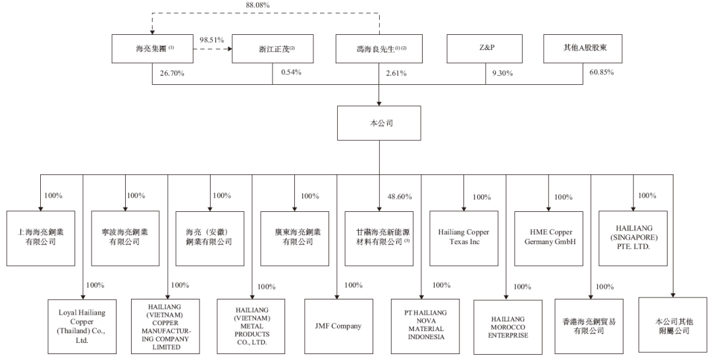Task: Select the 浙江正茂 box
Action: [273, 49]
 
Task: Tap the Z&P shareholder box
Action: [485, 49]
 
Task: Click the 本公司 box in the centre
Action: [380, 124]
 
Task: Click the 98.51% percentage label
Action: [213, 39]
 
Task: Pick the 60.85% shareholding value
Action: [601, 72]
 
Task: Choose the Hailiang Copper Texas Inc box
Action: [463, 237]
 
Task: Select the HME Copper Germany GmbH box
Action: [548, 237]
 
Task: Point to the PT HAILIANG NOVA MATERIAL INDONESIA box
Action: [422, 324]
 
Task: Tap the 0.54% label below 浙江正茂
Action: [291, 72]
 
